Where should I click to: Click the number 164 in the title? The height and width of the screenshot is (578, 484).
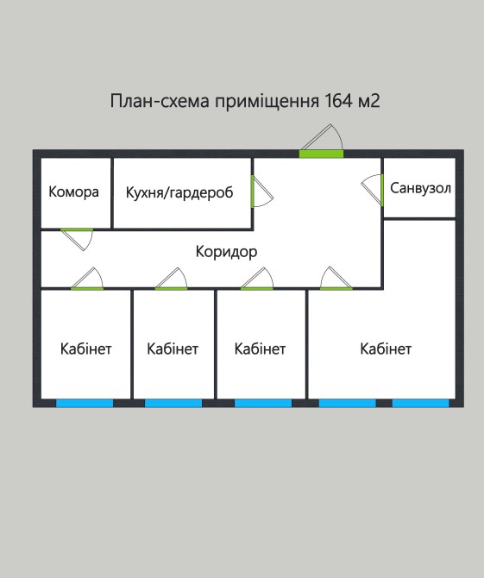coord(339,101)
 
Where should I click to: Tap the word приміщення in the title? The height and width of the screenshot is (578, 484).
coord(267,102)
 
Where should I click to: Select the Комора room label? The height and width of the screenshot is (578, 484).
coord(73,192)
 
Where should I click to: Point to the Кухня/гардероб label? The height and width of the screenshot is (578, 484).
coord(179,192)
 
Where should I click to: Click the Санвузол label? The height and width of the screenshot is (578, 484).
coord(421,188)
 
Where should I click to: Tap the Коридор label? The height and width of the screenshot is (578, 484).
coord(226,252)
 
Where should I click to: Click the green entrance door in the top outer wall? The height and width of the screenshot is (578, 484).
coord(321,154)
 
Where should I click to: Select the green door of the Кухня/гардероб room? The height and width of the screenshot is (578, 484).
coord(253,191)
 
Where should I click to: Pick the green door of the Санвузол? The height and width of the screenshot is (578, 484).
coord(382,190)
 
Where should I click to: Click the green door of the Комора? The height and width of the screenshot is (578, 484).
coord(77,229)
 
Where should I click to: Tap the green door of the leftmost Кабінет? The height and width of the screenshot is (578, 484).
coord(87,288)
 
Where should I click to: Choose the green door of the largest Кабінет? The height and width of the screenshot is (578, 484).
coord(336,288)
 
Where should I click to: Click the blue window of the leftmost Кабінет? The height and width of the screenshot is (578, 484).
coord(85,403)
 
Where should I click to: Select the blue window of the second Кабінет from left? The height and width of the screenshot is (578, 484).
coord(173,403)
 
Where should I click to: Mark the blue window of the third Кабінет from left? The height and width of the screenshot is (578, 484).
coord(263,403)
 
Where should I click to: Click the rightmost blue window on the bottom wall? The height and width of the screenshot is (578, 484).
coord(421,403)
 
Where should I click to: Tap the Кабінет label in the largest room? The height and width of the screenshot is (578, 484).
coord(386,349)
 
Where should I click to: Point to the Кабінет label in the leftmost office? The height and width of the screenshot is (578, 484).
coord(86,349)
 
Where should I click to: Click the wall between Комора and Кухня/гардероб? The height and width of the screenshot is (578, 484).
coord(112,193)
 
